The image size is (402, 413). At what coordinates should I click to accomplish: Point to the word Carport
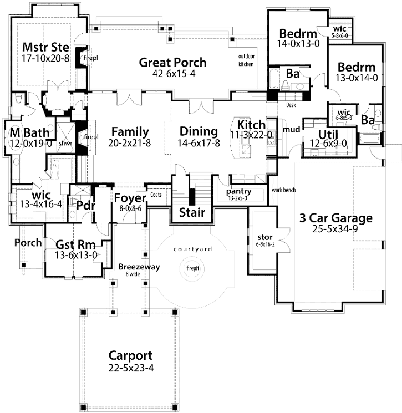pos(130,355)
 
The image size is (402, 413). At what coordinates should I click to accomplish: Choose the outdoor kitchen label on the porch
pos(246,60)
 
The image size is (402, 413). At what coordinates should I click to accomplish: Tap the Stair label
pos(192,212)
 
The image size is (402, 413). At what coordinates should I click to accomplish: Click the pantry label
pos(239,191)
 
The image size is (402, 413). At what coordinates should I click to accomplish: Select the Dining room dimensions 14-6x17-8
pos(199,142)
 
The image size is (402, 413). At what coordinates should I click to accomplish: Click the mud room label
pos(291,130)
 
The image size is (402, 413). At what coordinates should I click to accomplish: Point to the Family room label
pos(130,132)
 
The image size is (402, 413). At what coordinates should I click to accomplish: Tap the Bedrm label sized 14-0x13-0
pos(298,33)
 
